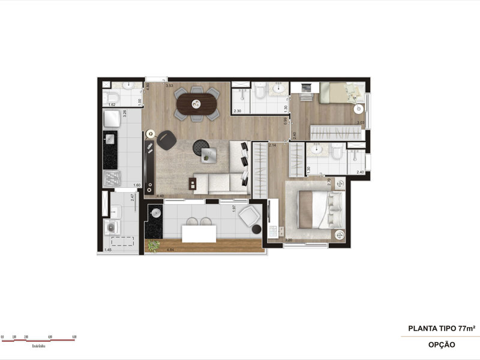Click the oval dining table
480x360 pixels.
[x=197, y=104]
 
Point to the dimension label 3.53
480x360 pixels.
[x=170, y=86]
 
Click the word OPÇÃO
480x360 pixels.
[x=442, y=344]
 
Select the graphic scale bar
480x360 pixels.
[x=37, y=339]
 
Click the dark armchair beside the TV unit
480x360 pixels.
[x=166, y=139]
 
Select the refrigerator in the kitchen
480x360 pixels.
[x=112, y=120]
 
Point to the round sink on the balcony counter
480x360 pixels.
[x=155, y=212]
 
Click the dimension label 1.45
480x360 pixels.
[x=108, y=250]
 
